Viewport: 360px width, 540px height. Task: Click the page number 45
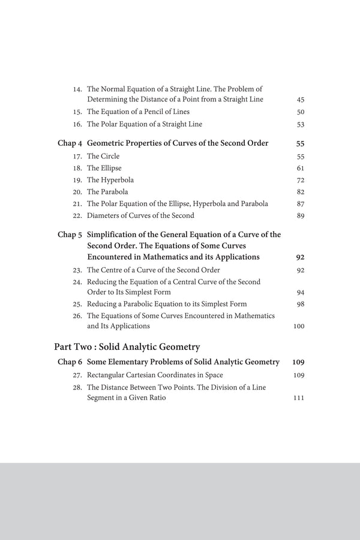(301, 99)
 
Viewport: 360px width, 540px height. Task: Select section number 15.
(77, 112)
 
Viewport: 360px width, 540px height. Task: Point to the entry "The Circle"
(104, 157)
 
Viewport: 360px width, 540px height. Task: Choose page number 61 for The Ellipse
(301, 169)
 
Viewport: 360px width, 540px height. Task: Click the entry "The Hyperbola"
(110, 180)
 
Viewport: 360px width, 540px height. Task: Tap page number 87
(301, 204)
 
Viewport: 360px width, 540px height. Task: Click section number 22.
(77, 216)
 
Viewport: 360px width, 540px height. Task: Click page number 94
(301, 292)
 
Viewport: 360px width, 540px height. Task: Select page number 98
(301, 304)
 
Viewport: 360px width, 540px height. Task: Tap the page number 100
(299, 326)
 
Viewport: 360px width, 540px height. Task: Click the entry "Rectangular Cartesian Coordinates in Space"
(155, 375)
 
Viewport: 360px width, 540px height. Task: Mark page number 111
(299, 398)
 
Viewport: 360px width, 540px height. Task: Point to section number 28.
(77, 388)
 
